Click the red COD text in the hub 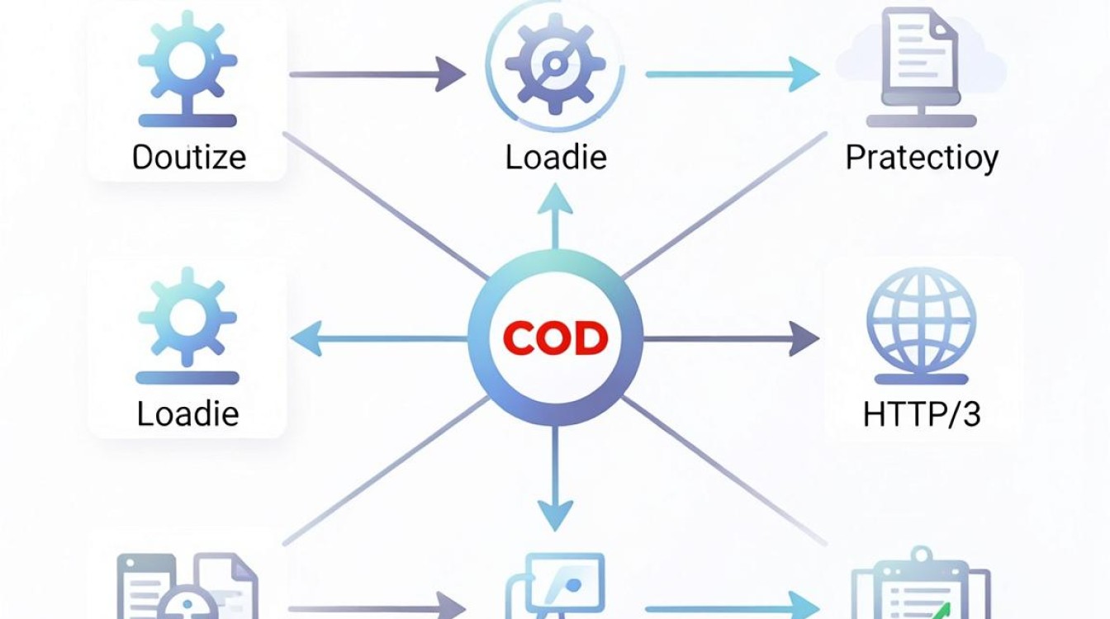[556, 338]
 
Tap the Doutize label [189, 158]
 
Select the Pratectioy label [922, 158]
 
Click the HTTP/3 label [922, 414]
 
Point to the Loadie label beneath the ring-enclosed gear [556, 157]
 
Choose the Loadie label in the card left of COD [187, 413]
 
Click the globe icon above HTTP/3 [922, 320]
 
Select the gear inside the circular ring [556, 64]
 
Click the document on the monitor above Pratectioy [921, 50]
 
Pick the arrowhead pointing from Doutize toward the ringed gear [450, 74]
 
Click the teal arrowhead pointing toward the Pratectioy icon [804, 74]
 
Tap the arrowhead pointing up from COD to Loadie [556, 199]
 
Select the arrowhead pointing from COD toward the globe [804, 338]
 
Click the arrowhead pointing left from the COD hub [307, 338]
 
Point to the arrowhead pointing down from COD [556, 516]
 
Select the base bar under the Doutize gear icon [187, 120]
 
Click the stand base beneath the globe [922, 380]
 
